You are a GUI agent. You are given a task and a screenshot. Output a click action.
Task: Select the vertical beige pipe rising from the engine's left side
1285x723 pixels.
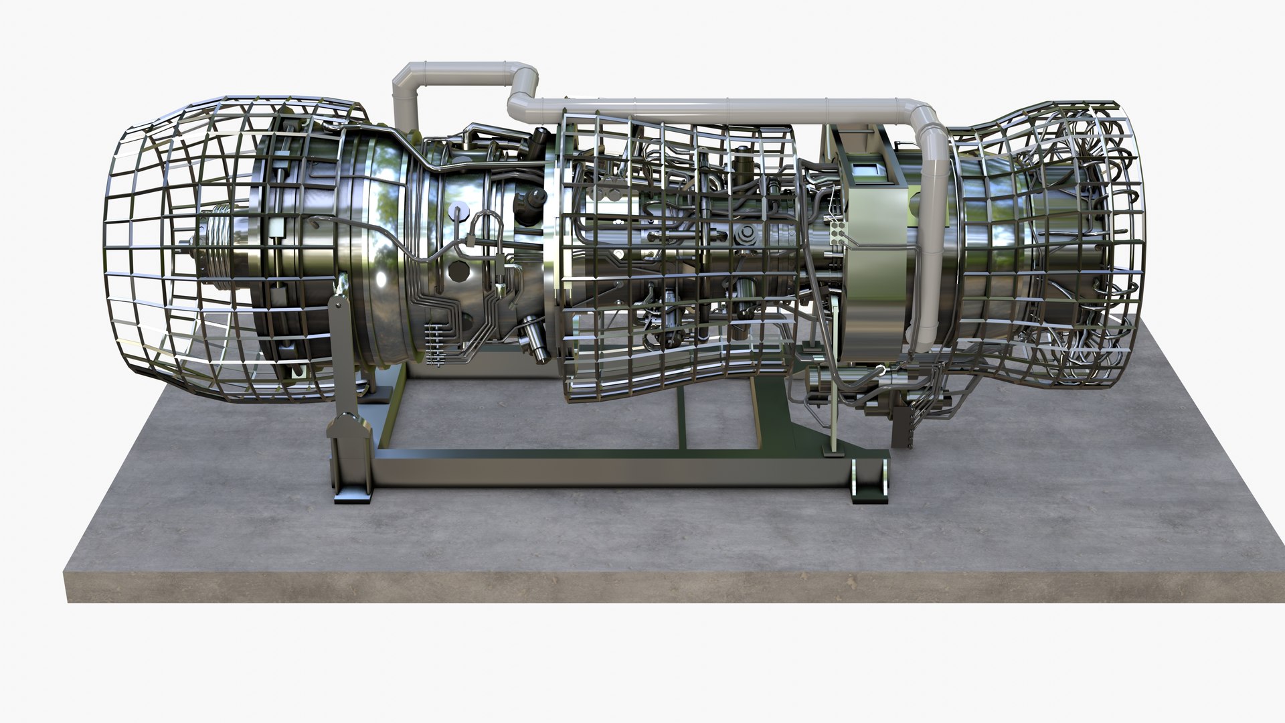coord(404,100)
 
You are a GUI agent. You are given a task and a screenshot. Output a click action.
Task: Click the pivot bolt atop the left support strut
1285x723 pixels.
coord(341,305)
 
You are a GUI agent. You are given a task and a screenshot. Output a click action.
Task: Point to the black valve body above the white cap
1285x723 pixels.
coord(529,200)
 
